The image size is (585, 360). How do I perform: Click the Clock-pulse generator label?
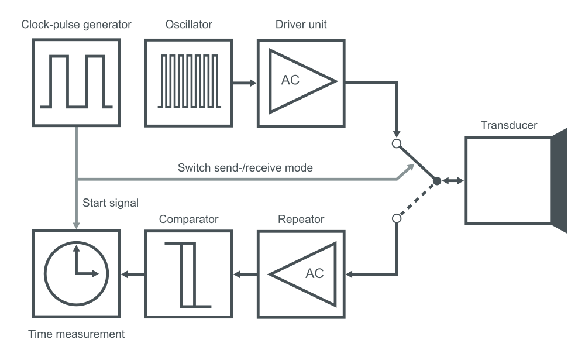[x=76, y=25]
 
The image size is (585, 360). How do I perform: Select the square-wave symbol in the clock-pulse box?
[x=76, y=82]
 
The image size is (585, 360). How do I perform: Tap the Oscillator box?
[x=188, y=83]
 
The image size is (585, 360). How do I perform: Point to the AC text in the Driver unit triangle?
[x=290, y=81]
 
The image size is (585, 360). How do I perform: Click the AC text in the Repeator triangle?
[x=314, y=273]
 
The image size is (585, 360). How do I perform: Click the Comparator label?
[x=188, y=220]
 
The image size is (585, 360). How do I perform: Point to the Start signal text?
[x=110, y=203]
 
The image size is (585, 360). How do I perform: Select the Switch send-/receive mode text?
[x=245, y=167]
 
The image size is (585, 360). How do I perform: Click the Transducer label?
[x=508, y=125]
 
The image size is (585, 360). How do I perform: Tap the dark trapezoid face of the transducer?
[x=559, y=181]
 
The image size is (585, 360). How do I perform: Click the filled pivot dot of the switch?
[x=436, y=181]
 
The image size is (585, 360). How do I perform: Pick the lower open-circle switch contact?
[x=396, y=219]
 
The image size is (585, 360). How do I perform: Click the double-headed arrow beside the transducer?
[x=451, y=181]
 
